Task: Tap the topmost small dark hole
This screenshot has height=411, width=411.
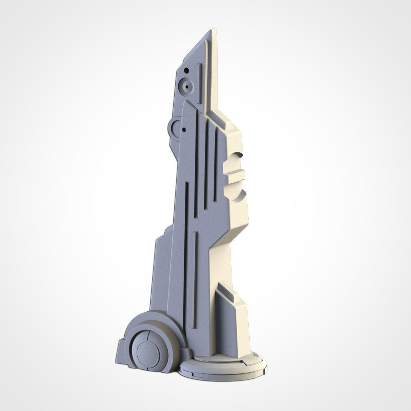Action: tap(186, 71)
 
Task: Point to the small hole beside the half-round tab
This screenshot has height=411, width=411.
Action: tap(184, 130)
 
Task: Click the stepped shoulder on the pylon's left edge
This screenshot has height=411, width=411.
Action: tap(161, 236)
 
